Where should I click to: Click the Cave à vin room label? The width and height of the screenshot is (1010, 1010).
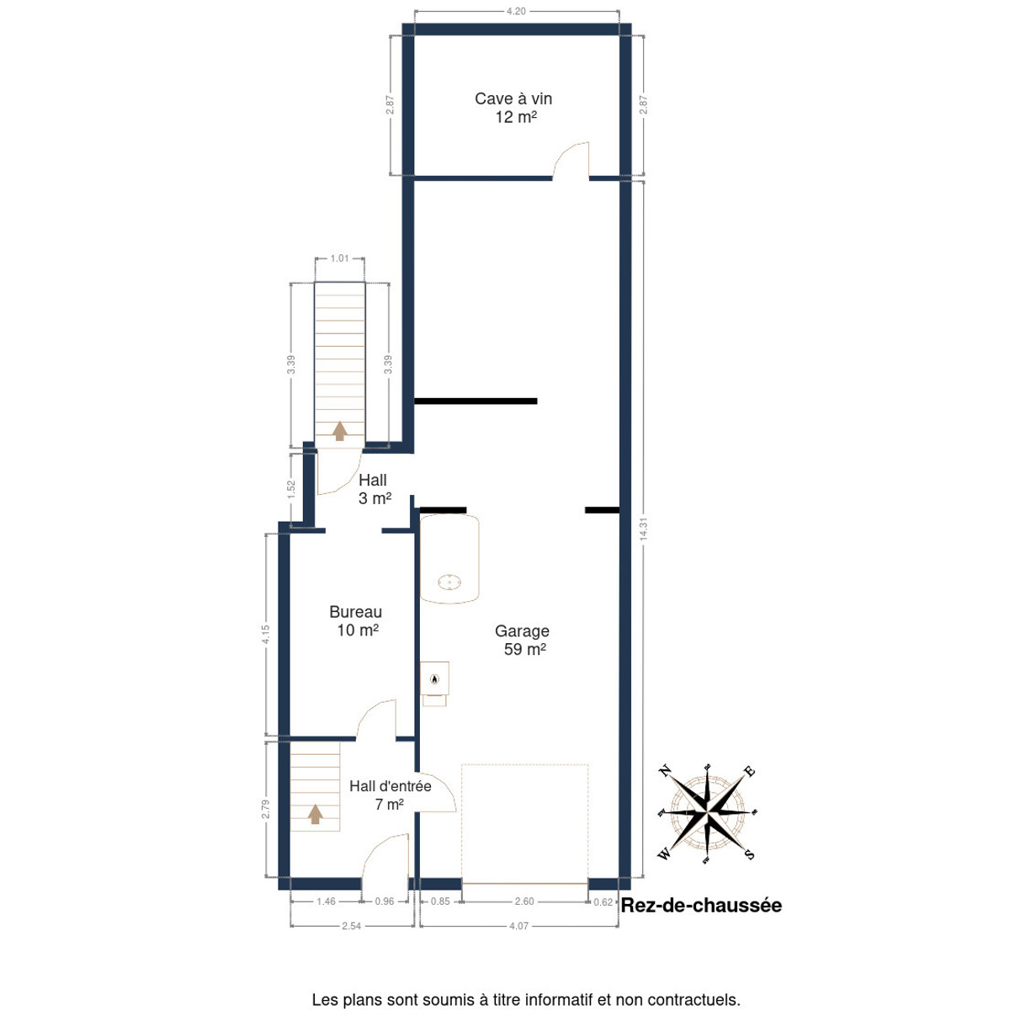pos(513,98)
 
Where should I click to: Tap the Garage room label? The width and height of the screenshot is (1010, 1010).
pos(522,631)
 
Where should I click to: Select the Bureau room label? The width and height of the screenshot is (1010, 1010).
pos(355,612)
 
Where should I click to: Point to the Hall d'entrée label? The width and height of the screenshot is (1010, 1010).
pos(391,786)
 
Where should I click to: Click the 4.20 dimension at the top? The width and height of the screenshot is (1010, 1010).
pos(516,11)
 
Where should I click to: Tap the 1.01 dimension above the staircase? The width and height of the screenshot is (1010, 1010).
pos(340,258)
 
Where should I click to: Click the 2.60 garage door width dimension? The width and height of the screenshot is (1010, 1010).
pos(524,901)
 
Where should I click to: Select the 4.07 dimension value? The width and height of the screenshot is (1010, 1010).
pos(519,926)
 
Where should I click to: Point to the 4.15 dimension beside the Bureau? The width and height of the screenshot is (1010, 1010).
pos(266,635)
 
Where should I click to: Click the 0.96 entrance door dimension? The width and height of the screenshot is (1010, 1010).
pos(384,901)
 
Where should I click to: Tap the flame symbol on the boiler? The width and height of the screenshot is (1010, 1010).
pos(434,679)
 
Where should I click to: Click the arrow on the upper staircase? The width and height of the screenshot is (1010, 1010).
pos(340,431)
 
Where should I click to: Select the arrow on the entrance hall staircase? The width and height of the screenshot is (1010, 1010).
pos(315,814)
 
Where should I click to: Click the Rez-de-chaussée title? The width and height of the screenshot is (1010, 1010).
pos(701,905)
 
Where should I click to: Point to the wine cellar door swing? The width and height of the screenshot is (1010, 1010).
pos(571,160)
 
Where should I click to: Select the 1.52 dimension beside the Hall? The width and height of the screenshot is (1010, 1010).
pos(291,488)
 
